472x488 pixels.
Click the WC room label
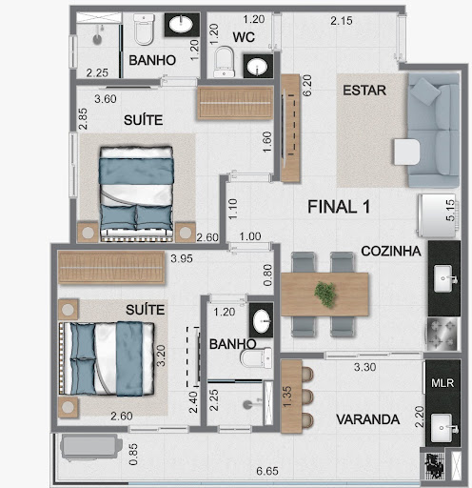point(244,37)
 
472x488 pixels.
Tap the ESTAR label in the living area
point(364,91)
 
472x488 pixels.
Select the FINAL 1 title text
point(339,207)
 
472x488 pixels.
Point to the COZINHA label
point(391,251)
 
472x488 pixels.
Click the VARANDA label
point(367,419)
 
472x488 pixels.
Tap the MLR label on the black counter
point(442,383)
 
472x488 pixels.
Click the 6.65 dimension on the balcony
point(267,471)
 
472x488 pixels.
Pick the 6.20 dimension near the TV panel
point(307,86)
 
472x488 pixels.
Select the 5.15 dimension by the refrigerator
point(450,211)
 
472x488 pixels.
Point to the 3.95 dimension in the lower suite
point(182,258)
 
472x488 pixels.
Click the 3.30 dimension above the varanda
point(364,367)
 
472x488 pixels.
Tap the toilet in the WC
point(224,62)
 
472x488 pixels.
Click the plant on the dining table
point(325,295)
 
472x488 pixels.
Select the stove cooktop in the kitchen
point(442,334)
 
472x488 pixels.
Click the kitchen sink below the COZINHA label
point(443,278)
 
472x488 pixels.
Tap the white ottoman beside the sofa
point(407,152)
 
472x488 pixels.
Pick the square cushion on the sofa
point(424,91)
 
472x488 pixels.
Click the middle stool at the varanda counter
point(307,396)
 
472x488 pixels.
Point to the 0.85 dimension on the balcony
point(133,455)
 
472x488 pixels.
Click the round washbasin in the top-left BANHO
point(181,25)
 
